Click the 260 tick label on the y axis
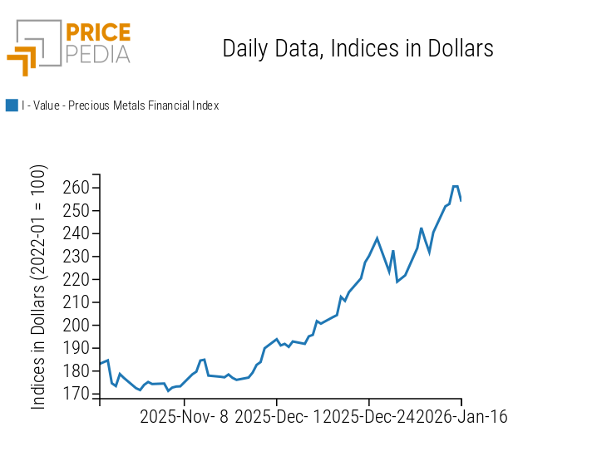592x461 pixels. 76,188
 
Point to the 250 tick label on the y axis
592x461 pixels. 76,211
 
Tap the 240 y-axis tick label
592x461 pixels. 76,234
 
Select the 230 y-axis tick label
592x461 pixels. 76,257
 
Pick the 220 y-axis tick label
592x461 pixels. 76,280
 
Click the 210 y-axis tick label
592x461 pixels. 76,302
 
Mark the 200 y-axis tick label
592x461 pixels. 76,326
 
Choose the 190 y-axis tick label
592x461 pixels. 76,349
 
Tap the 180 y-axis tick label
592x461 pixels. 76,371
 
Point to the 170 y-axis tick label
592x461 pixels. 76,395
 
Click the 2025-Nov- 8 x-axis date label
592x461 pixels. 184,416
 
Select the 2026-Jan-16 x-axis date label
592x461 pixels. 461,416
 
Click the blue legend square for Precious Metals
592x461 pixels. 12,105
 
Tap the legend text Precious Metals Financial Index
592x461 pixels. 120,105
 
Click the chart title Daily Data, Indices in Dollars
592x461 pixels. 358,48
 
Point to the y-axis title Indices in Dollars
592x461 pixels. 39,287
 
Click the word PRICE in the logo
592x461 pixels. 97,33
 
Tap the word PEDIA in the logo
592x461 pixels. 97,54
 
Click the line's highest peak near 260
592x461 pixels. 456,186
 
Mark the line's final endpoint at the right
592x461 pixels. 461,200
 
